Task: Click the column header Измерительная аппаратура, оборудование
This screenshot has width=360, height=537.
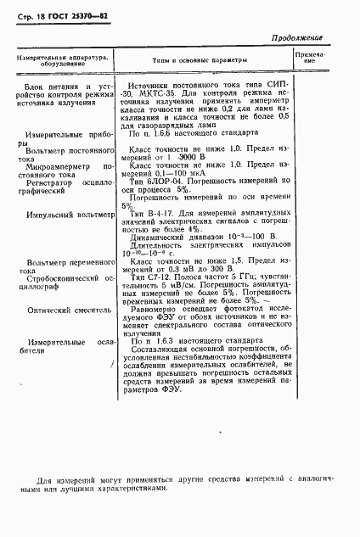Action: click(x=59, y=60)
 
